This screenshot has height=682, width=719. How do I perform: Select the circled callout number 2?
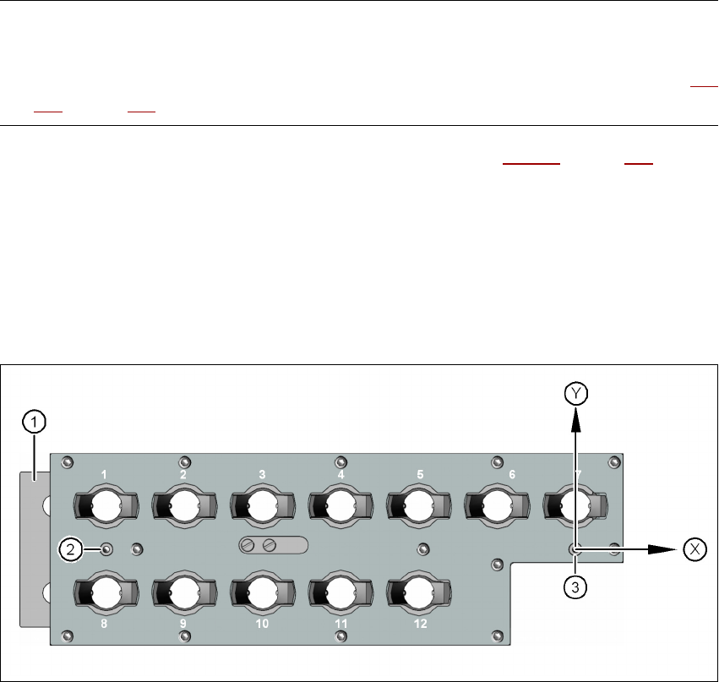click(x=69, y=549)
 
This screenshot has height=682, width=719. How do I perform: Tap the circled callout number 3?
click(x=575, y=588)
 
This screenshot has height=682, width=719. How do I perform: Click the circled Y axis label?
click(x=575, y=392)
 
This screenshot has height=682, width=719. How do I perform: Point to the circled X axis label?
click(x=694, y=548)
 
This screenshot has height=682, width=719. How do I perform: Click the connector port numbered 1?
click(x=104, y=506)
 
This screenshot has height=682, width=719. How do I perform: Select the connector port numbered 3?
click(x=262, y=506)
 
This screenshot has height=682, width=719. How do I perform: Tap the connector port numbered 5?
click(x=420, y=506)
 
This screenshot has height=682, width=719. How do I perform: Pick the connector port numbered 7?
click(x=576, y=506)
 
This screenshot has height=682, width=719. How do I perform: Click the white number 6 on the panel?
click(x=512, y=475)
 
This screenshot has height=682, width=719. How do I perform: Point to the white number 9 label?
click(x=182, y=625)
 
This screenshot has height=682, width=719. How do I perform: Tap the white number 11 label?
click(x=341, y=625)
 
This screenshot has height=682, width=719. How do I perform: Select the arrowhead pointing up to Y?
click(x=575, y=415)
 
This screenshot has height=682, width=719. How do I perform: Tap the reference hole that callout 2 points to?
click(x=106, y=549)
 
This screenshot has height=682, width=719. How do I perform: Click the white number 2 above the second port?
click(x=183, y=475)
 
